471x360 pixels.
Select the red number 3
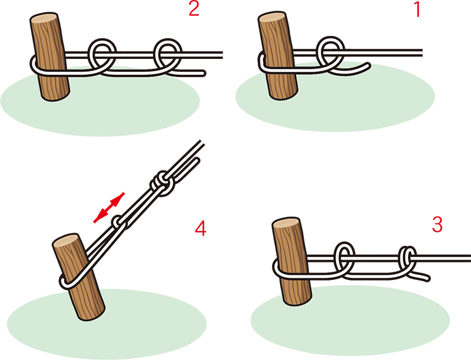click(437, 224)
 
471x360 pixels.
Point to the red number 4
click(200, 229)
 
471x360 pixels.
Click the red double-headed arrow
click(109, 208)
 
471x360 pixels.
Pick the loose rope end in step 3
click(423, 276)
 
